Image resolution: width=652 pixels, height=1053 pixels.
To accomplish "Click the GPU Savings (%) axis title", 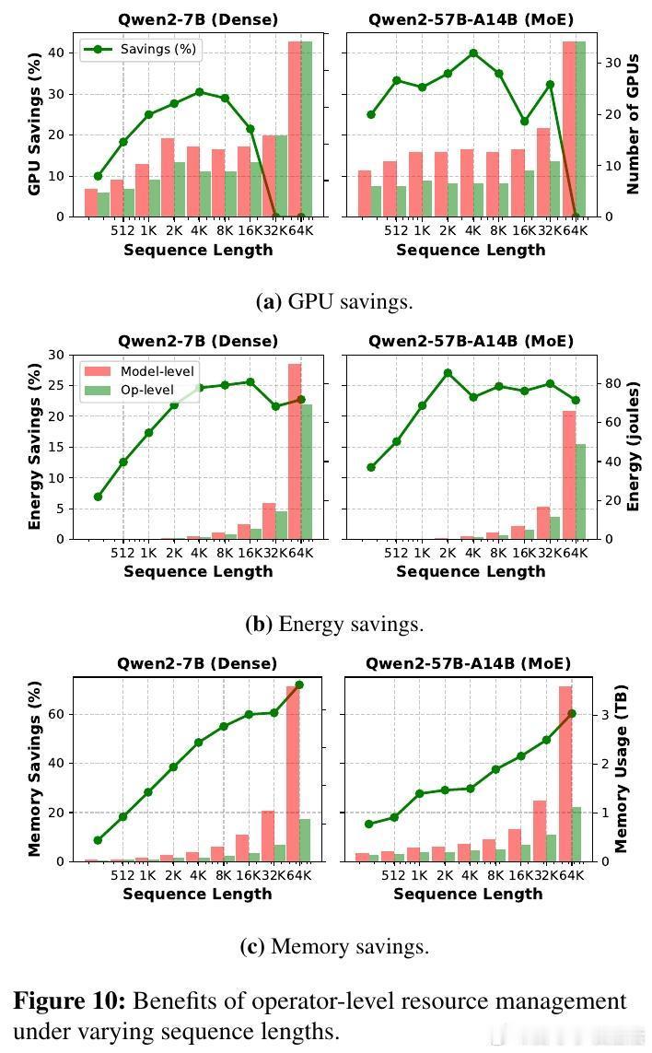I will (x=35, y=124).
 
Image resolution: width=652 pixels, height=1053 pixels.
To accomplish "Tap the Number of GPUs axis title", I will (x=634, y=124).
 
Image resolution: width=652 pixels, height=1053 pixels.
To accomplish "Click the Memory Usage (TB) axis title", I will (x=621, y=768).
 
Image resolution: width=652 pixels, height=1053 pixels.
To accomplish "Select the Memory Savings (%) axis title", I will (x=35, y=768).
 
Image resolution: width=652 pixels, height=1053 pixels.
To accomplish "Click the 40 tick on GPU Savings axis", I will (x=58, y=53).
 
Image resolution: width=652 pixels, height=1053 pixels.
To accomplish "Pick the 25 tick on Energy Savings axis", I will (x=58, y=385).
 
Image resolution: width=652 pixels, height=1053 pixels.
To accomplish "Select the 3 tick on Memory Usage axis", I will (x=602, y=714).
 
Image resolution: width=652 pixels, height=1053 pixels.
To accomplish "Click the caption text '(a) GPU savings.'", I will (x=334, y=301).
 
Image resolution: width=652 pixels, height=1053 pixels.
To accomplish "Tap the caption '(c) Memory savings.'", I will (x=334, y=946).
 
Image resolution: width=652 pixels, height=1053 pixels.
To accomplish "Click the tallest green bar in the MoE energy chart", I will (x=580, y=491).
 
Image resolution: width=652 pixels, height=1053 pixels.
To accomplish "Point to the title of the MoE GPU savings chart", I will (x=471, y=19).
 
